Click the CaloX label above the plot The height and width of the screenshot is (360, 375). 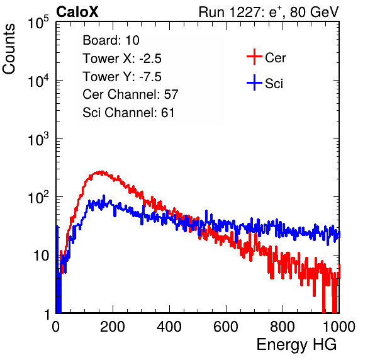(x=77, y=12)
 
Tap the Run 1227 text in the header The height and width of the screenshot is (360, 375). (x=230, y=12)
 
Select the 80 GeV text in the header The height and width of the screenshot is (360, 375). (x=314, y=12)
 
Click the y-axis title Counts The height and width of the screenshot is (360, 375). (x=9, y=48)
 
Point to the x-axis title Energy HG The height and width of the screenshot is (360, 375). (x=296, y=345)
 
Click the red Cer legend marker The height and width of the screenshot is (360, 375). (x=254, y=57)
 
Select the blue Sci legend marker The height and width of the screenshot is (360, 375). (x=254, y=82)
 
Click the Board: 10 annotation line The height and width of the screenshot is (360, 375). (x=111, y=40)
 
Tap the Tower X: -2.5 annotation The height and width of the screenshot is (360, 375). (x=122, y=59)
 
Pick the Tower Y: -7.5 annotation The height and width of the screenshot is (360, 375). (x=122, y=77)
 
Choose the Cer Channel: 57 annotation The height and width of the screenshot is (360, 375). (x=130, y=94)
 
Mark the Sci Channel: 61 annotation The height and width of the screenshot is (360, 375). (x=128, y=113)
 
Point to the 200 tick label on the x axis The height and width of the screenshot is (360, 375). (x=113, y=327)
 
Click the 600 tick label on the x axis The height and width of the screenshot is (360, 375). (x=226, y=327)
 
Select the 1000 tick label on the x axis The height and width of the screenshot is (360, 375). (x=339, y=327)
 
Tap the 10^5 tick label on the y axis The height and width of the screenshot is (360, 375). (x=38, y=23)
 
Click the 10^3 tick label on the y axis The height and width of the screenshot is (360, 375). (x=38, y=140)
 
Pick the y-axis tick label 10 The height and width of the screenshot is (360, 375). (x=42, y=256)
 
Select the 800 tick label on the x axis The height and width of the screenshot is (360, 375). (x=283, y=327)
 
